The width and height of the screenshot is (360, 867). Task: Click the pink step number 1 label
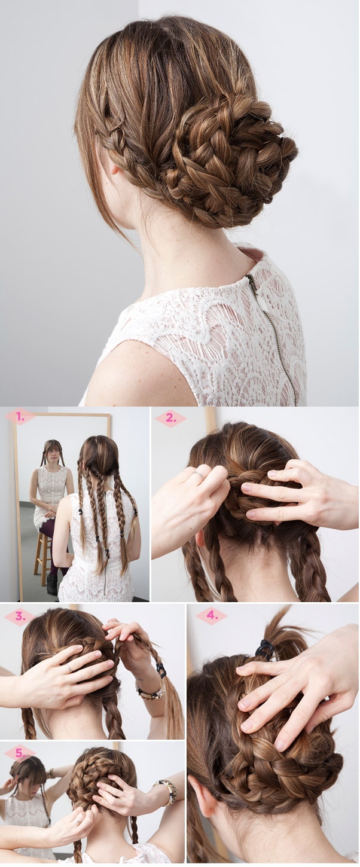(x=20, y=417)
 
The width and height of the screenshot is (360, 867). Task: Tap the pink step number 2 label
(x=170, y=419)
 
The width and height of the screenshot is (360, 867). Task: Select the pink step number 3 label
(x=20, y=617)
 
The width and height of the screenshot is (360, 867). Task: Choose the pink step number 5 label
(x=20, y=753)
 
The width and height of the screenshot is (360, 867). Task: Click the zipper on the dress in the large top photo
(x=272, y=329)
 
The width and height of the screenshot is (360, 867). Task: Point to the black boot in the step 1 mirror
(x=53, y=584)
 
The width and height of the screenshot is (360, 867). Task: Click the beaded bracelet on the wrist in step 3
(x=150, y=694)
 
